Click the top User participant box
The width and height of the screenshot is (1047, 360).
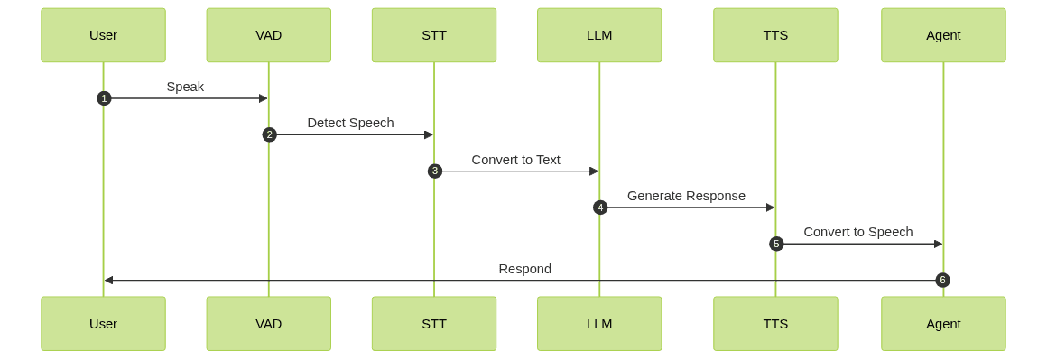coord(103,35)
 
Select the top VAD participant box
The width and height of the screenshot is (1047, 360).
coord(268,35)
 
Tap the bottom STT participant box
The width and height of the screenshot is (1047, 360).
coord(433,323)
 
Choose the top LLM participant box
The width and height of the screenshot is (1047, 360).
coord(599,35)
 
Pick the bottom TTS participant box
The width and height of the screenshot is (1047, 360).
coord(775,323)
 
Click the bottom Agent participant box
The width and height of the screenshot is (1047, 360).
coord(943,323)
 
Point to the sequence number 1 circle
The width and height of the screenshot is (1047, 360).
coord(104,98)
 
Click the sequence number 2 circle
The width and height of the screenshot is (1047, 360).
coord(269,134)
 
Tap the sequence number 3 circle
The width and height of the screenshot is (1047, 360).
coord(434,171)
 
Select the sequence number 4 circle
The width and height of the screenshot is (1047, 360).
coord(600,208)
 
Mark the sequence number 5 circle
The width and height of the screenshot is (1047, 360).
coord(776,244)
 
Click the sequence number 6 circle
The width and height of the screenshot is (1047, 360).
coord(942,280)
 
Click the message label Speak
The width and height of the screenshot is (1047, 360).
coord(185,87)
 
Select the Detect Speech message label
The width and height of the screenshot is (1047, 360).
coord(350,123)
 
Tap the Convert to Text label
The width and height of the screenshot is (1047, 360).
coord(515,160)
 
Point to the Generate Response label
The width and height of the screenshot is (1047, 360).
coord(686,196)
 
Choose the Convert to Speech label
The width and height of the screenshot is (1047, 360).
coord(857,232)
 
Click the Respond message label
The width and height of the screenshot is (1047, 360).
coord(524,269)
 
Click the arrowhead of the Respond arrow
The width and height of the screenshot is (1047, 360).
coord(108,280)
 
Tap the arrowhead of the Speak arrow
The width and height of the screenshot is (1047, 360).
coord(264,98)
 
